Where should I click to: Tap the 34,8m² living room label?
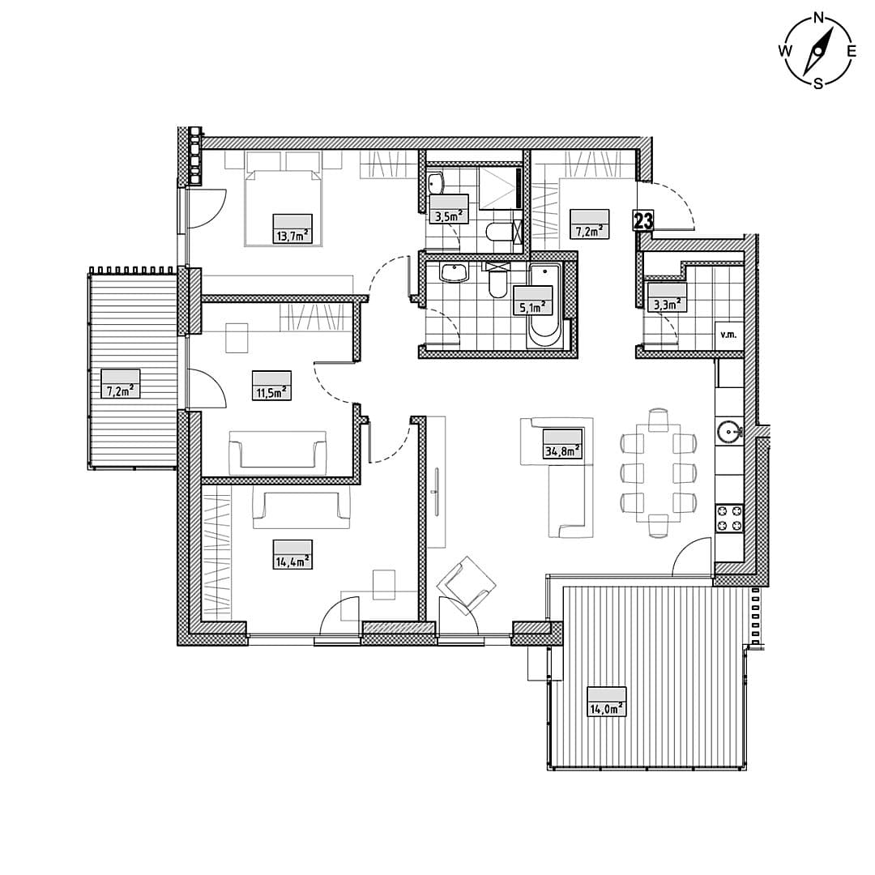(x=562, y=450)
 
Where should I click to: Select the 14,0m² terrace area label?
(x=607, y=709)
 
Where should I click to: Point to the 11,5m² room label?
(x=271, y=392)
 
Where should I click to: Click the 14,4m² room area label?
(x=293, y=561)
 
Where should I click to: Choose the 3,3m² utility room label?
(x=667, y=304)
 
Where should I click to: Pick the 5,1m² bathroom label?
(x=533, y=308)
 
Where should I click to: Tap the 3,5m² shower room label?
(x=449, y=216)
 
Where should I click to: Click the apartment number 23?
(x=642, y=221)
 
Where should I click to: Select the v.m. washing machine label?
(x=729, y=335)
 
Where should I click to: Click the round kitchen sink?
(x=728, y=431)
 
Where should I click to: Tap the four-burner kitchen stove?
(x=729, y=517)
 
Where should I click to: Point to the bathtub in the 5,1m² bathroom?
(x=546, y=308)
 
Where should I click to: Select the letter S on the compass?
(x=818, y=83)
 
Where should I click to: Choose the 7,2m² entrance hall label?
(x=589, y=230)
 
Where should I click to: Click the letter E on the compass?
(x=851, y=51)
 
